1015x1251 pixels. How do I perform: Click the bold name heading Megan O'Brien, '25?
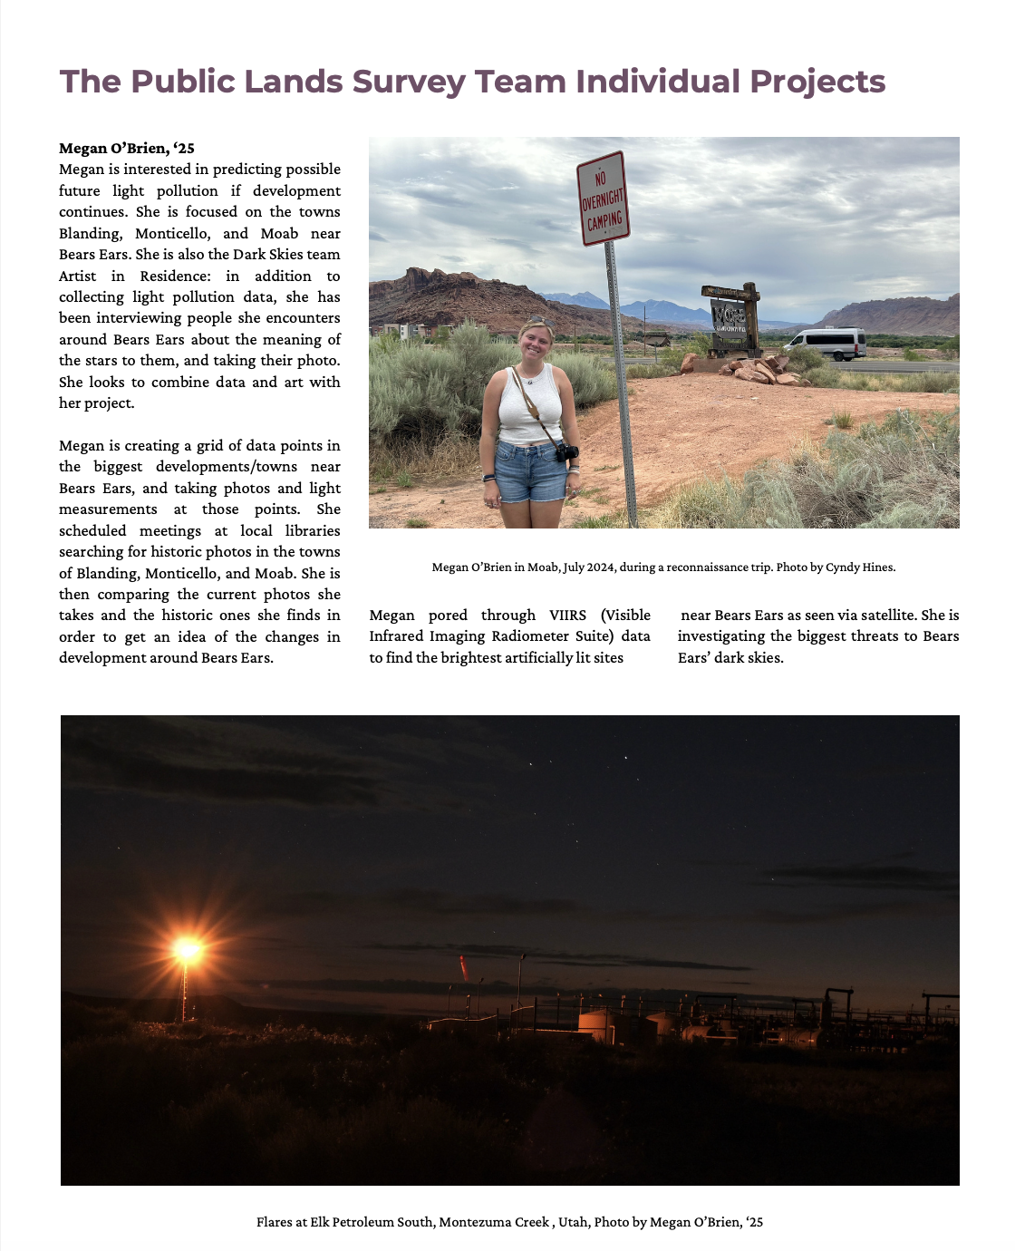tap(127, 148)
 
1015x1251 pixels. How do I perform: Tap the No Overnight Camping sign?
tap(603, 199)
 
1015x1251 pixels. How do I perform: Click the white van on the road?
tap(826, 344)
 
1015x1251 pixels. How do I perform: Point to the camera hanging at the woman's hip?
tap(566, 451)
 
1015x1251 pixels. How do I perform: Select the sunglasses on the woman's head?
tap(536, 321)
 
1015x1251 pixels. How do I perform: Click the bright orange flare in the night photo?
tap(188, 950)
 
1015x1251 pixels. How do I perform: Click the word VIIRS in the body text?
tap(567, 615)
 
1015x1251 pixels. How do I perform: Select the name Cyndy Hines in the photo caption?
tap(859, 567)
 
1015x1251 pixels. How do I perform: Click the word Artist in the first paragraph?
tap(78, 276)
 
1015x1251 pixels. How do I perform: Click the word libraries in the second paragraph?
tap(313, 530)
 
